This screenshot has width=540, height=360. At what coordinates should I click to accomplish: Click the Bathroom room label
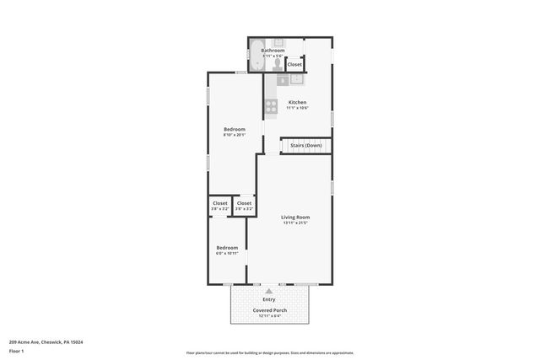273,51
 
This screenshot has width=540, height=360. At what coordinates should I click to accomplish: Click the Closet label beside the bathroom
294,65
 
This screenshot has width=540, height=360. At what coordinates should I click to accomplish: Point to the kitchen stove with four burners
272,106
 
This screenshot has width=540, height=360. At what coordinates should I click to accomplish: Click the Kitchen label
297,103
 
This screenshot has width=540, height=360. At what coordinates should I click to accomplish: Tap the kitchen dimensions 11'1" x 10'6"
297,109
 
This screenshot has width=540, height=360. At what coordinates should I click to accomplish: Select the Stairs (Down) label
305,146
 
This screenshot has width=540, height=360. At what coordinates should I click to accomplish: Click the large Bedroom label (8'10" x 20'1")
234,129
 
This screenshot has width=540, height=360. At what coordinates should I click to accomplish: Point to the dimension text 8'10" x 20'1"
234,135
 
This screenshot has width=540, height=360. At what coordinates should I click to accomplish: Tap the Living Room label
295,218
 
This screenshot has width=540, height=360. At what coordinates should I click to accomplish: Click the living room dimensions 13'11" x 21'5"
295,223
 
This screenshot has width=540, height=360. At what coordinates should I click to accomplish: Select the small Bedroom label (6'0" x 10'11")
227,248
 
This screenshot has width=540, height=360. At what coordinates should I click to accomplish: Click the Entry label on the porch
269,299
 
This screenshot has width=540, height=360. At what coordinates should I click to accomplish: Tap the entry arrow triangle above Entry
269,290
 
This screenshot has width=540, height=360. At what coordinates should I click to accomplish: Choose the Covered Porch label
269,310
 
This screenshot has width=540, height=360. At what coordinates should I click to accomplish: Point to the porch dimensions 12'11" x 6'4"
269,316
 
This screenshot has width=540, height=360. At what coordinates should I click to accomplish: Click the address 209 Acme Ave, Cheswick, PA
46,341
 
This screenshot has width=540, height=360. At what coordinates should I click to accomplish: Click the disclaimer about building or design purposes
269,352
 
